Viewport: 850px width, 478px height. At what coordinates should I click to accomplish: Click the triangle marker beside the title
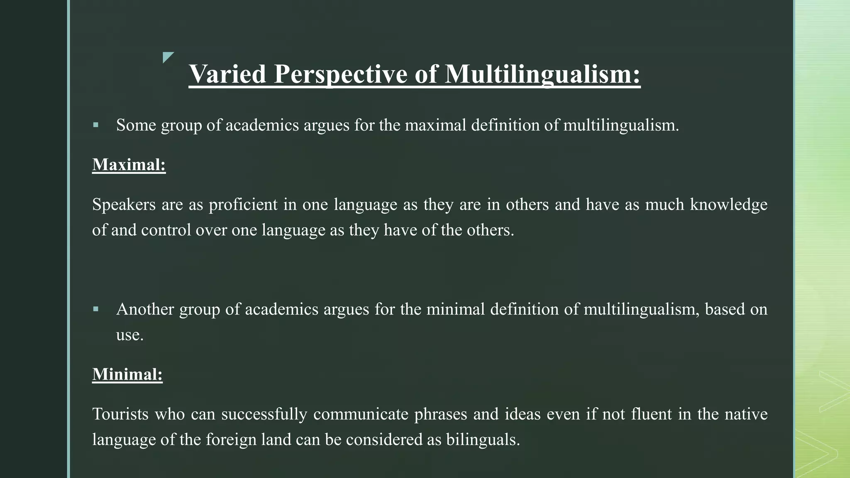click(x=167, y=57)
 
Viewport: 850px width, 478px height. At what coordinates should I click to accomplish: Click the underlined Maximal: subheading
click(x=129, y=165)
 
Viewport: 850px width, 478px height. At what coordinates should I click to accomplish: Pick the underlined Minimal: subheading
click(x=127, y=374)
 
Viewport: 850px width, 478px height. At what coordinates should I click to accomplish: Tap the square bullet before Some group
click(x=96, y=125)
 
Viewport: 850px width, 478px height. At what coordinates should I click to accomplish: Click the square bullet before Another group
click(x=96, y=309)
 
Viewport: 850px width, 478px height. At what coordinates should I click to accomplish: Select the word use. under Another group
click(x=129, y=335)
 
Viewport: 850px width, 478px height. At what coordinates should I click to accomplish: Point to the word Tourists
click(x=120, y=414)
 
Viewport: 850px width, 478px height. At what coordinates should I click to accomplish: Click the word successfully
click(x=264, y=414)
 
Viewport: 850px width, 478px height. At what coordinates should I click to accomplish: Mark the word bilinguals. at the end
click(x=483, y=439)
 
